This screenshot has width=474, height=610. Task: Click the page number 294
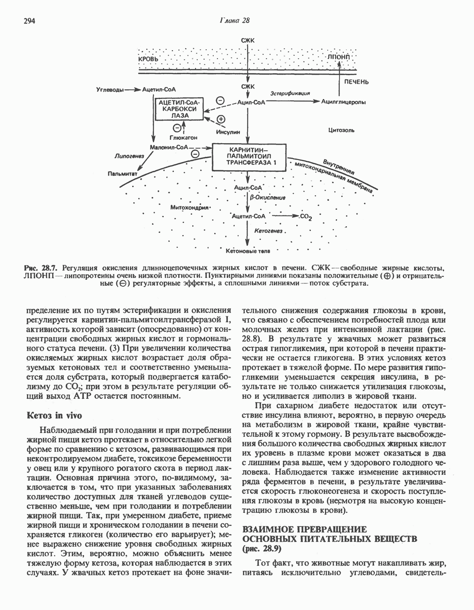30,21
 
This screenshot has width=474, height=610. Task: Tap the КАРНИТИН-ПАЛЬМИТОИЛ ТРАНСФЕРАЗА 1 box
248,157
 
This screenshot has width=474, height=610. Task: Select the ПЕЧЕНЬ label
357,82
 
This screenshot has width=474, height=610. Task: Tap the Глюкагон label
183,137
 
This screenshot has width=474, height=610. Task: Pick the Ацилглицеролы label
343,102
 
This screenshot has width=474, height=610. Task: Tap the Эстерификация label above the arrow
291,93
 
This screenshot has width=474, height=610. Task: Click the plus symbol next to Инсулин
221,119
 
